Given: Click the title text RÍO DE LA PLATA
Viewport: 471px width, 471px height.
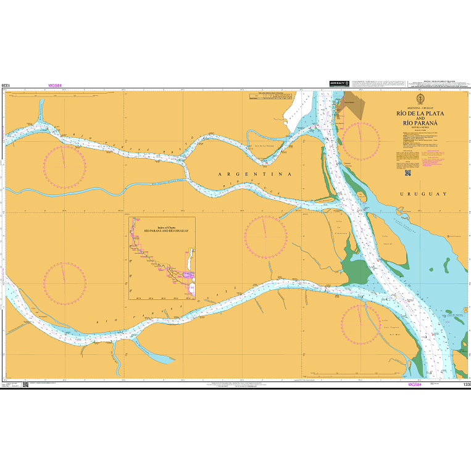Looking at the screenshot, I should pyautogui.click(x=420, y=114).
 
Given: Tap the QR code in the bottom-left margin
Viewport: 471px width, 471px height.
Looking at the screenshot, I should pyautogui.click(x=25, y=385).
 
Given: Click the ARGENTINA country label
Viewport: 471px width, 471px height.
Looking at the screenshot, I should pyautogui.click(x=255, y=175).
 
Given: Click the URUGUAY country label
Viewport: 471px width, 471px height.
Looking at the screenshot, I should pyautogui.click(x=423, y=194).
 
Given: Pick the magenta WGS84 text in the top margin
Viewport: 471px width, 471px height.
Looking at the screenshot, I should pyautogui.click(x=55, y=86).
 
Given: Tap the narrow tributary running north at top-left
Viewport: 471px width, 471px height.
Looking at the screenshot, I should pyautogui.click(x=41, y=111).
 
